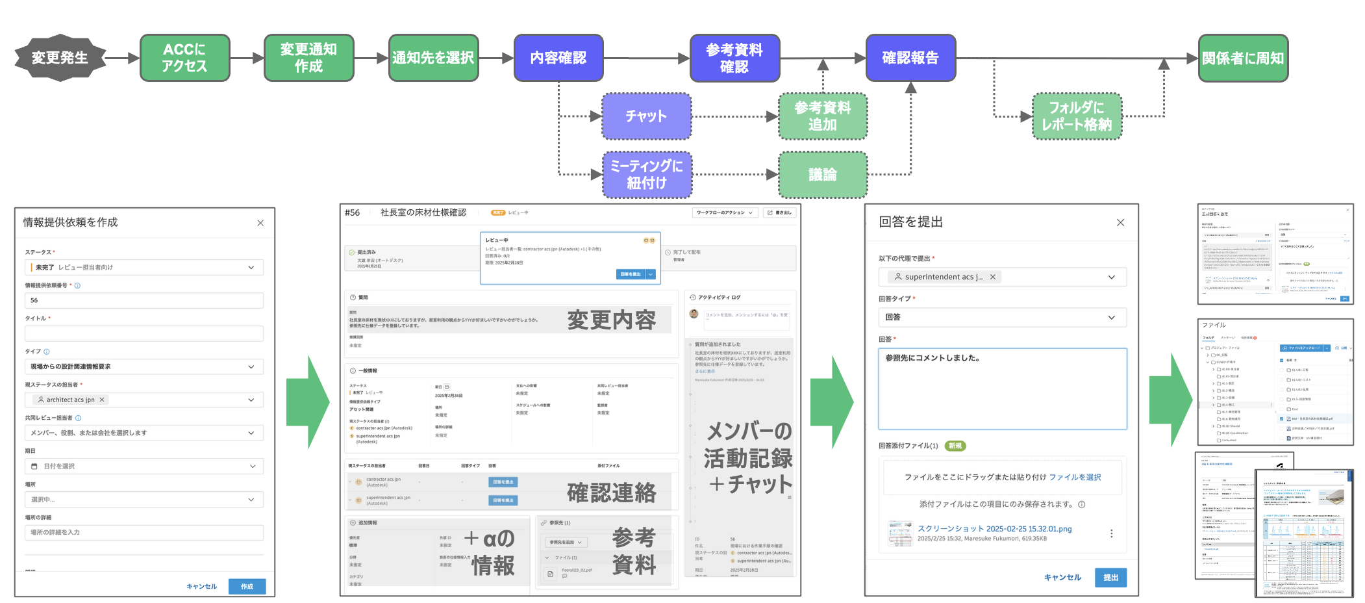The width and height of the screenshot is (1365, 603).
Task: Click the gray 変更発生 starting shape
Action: click(x=60, y=58)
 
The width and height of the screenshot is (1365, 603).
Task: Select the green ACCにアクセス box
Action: click(x=184, y=58)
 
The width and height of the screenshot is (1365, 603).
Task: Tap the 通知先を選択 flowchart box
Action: click(x=433, y=58)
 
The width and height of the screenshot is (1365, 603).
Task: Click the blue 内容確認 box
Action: click(x=558, y=58)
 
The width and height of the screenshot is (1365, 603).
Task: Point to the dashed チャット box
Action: click(x=646, y=116)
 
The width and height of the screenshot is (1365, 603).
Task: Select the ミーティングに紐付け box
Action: click(x=646, y=175)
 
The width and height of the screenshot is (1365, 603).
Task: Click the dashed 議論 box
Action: click(x=822, y=175)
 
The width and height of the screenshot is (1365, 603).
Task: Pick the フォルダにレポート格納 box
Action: click(x=1077, y=116)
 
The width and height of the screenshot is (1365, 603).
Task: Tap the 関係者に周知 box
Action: click(x=1242, y=58)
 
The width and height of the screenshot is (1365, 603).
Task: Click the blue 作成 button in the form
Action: click(x=247, y=586)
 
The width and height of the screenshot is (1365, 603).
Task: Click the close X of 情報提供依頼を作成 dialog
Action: click(x=260, y=223)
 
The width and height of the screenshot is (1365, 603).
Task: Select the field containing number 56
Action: click(x=144, y=300)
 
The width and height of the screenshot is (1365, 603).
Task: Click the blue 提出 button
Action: click(x=1110, y=577)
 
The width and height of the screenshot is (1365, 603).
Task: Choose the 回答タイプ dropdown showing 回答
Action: click(x=1002, y=317)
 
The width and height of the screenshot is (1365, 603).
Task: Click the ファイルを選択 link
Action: click(x=1075, y=477)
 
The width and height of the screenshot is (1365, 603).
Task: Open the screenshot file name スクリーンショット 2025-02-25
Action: click(x=994, y=529)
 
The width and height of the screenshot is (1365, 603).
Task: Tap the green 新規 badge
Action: click(x=955, y=446)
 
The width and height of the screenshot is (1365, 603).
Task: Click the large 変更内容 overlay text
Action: click(x=611, y=320)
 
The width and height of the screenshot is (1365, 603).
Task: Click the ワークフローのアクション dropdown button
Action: click(x=725, y=212)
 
